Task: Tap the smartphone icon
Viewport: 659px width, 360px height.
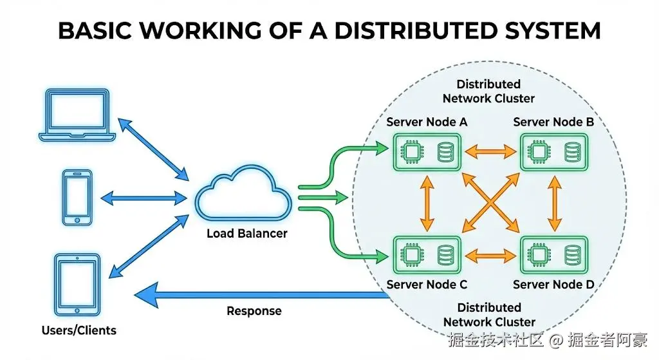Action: point(77,196)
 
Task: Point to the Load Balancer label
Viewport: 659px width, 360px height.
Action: point(246,233)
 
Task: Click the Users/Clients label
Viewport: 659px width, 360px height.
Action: point(79,330)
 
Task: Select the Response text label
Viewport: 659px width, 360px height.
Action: point(254,311)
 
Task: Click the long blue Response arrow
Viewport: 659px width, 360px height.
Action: point(257,295)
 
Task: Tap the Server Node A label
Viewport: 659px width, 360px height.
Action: point(427,122)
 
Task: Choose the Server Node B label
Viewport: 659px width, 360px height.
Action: point(553,122)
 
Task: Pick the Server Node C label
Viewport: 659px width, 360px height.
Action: point(427,284)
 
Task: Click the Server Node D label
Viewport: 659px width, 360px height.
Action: point(553,284)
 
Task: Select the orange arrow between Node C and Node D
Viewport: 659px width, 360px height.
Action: point(491,255)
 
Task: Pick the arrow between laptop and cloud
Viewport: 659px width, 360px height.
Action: point(153,146)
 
